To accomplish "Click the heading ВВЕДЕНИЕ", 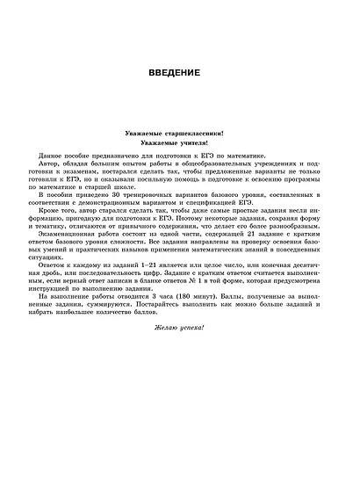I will tap(179, 71).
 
